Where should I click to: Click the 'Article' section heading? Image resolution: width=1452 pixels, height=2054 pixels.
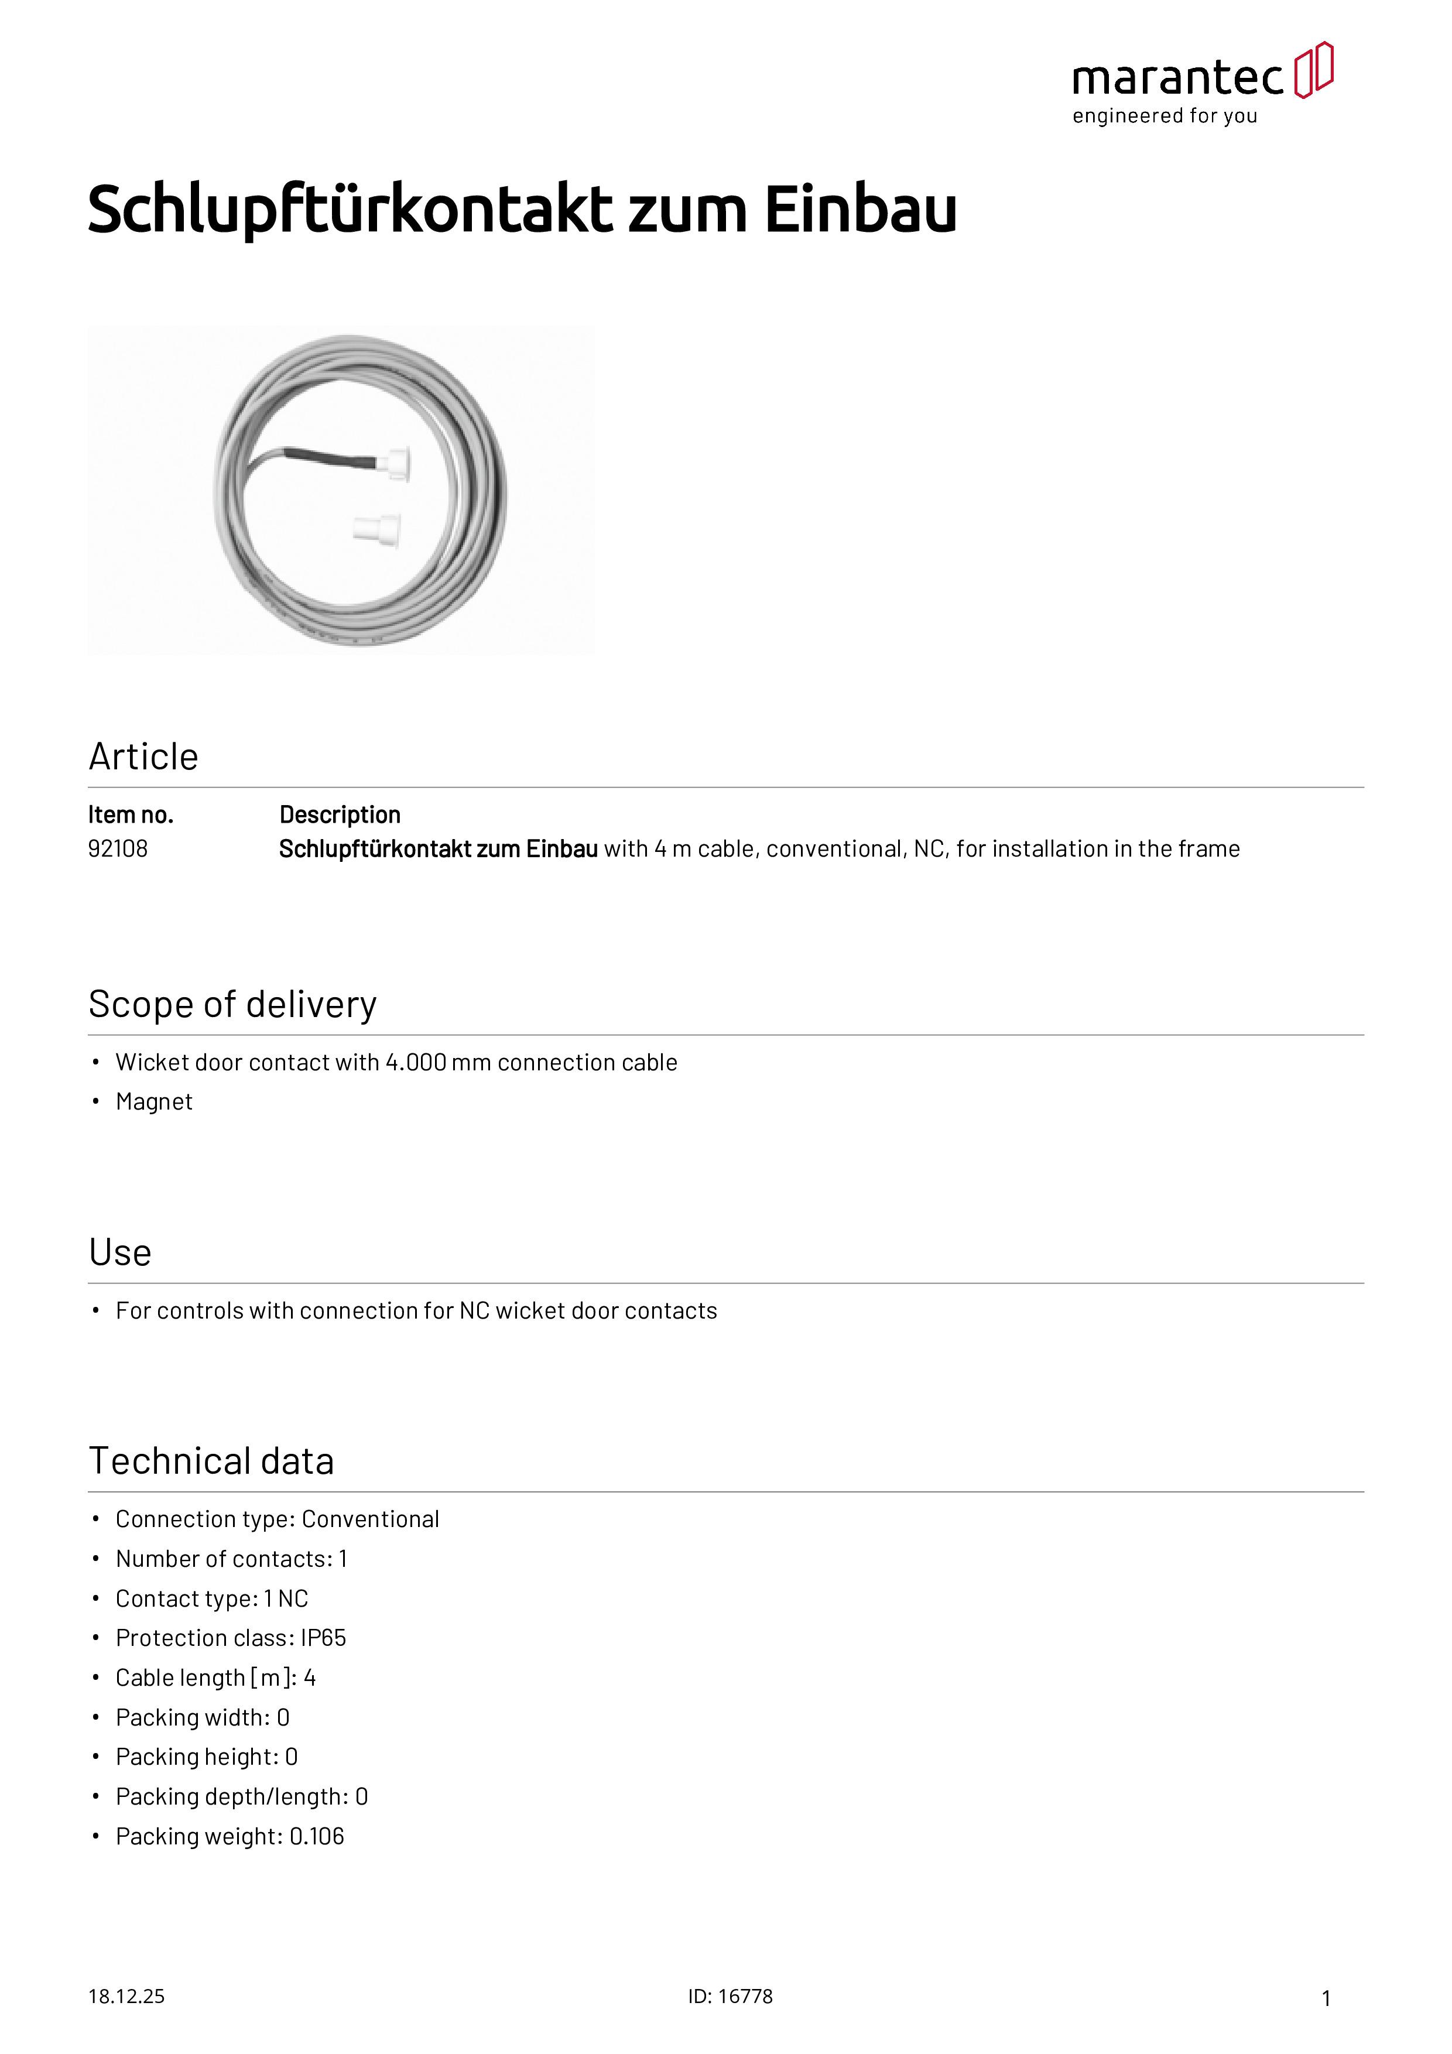[x=143, y=757]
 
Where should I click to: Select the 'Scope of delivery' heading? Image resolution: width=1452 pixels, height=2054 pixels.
[x=232, y=1005]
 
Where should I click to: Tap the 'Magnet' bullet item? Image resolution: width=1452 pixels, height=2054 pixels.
[x=154, y=1101]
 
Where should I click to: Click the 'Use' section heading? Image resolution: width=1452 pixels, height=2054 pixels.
[x=120, y=1252]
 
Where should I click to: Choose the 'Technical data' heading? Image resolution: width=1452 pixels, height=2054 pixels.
[x=211, y=1461]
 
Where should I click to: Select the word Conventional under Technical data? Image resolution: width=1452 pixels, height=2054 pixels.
[x=371, y=1519]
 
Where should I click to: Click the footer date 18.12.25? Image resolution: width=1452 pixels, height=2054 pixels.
[x=126, y=1996]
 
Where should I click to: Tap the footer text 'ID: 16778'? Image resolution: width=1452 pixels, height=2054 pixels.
[x=730, y=1996]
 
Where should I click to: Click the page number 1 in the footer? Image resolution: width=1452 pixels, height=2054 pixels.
[x=1326, y=1998]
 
